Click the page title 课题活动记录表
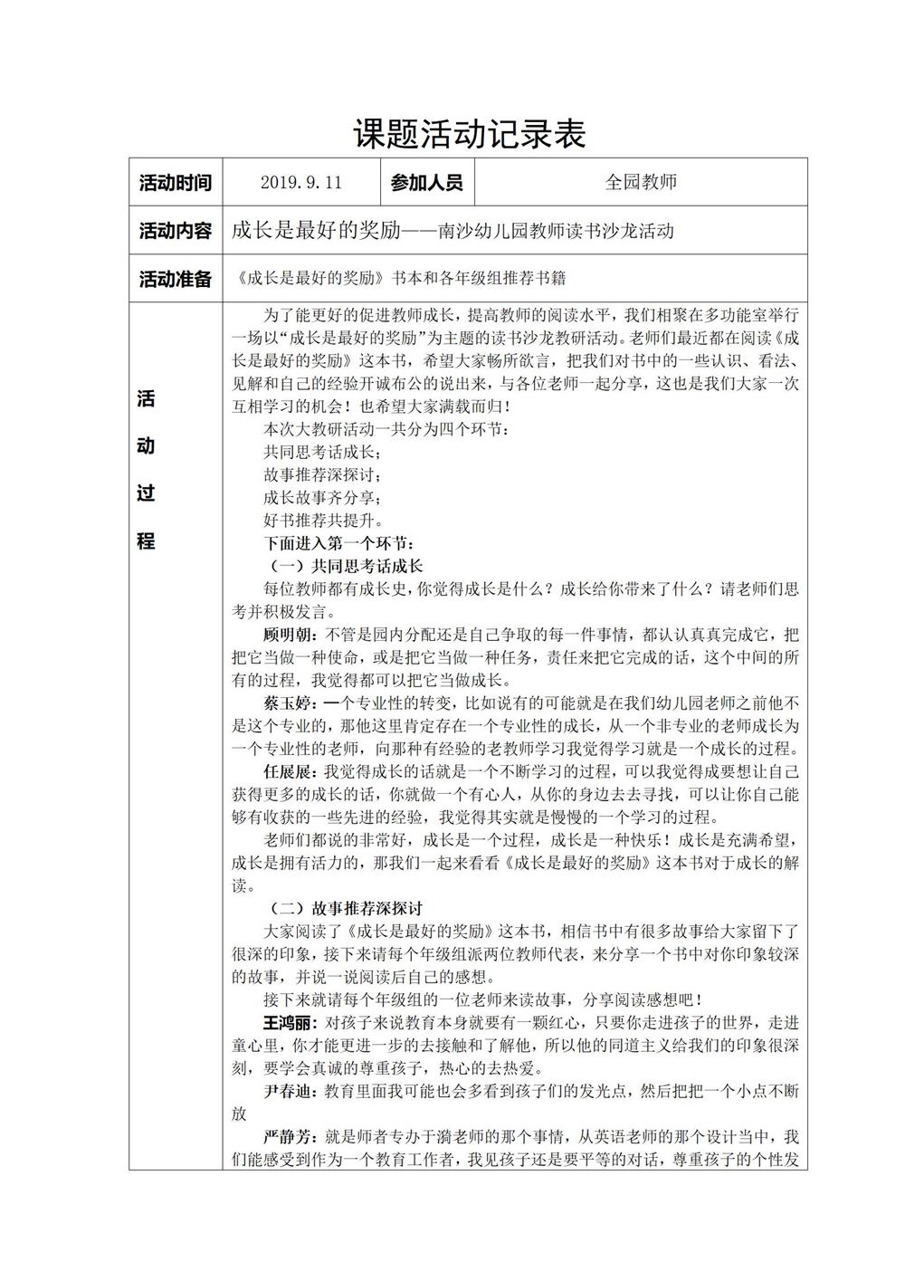pyautogui.click(x=469, y=134)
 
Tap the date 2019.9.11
pyautogui.click(x=300, y=182)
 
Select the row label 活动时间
pyautogui.click(x=176, y=182)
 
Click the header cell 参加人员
pyautogui.click(x=426, y=182)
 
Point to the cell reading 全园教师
pyautogui.click(x=641, y=182)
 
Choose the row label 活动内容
pyautogui.click(x=176, y=231)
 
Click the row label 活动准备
pyautogui.click(x=176, y=279)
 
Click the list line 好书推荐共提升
pyautogui.click(x=323, y=521)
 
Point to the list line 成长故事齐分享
pyautogui.click(x=323, y=498)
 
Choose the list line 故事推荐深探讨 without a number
pyautogui.click(x=323, y=474)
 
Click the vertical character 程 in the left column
pyautogui.click(x=146, y=541)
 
